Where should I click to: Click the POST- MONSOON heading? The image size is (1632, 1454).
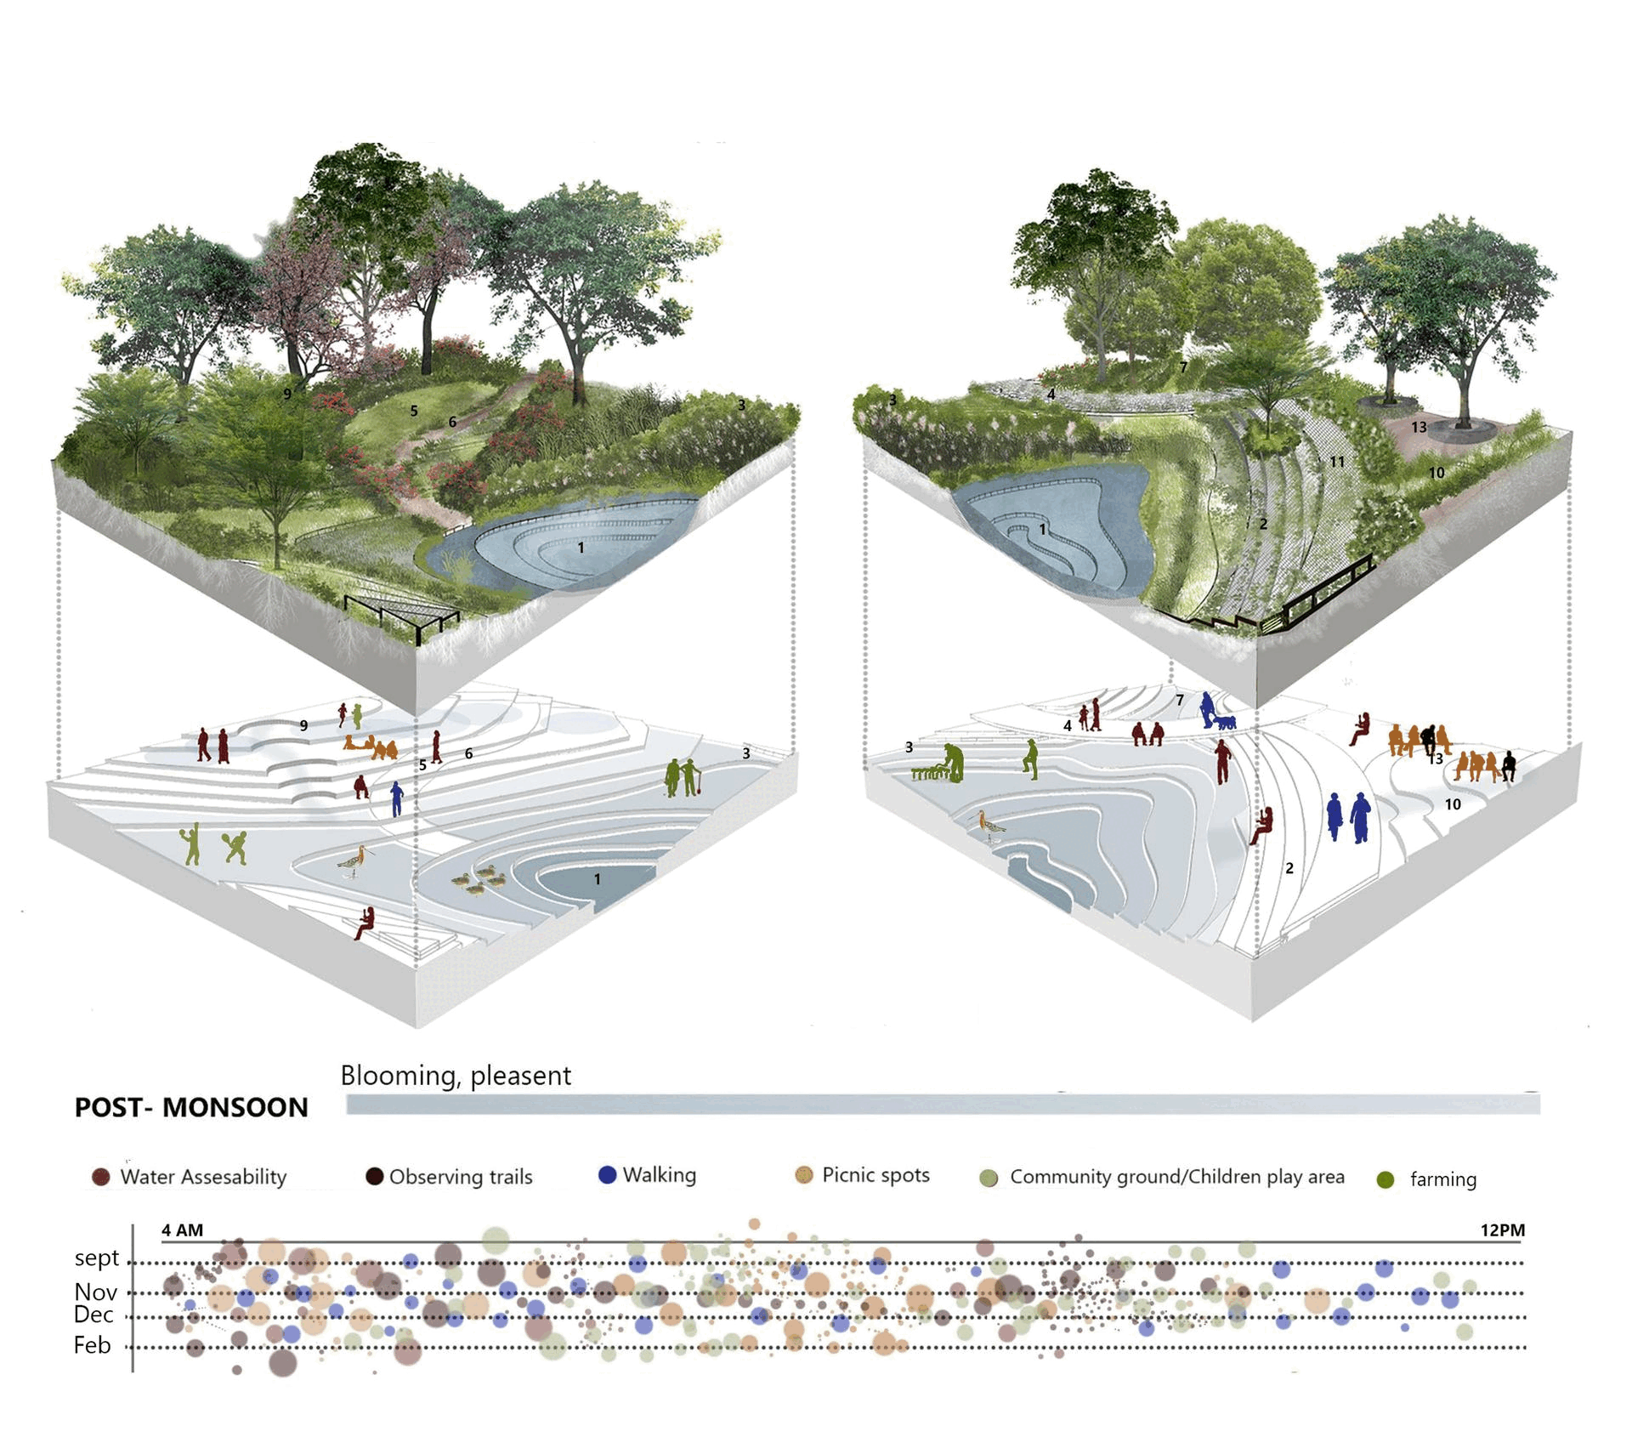191,1107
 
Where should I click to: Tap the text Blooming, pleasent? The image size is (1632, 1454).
456,1076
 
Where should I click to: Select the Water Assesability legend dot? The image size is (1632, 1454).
101,1178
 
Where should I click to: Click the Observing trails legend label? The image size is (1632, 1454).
461,1177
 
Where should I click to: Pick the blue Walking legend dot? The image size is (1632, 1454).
607,1175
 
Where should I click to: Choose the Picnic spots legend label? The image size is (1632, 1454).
875,1175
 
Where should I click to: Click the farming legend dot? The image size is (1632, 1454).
1385,1180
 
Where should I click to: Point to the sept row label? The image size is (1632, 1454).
97,1258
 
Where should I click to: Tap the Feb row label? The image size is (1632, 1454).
93,1345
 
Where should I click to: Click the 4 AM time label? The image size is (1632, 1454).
182,1230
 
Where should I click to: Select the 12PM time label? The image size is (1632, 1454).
1503,1230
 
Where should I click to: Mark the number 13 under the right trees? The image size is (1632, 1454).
1419,427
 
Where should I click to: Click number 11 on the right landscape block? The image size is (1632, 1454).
1337,462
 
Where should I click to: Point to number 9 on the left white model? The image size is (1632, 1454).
303,725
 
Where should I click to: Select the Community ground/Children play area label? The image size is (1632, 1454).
1176,1177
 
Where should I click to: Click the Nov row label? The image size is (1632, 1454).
95,1292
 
